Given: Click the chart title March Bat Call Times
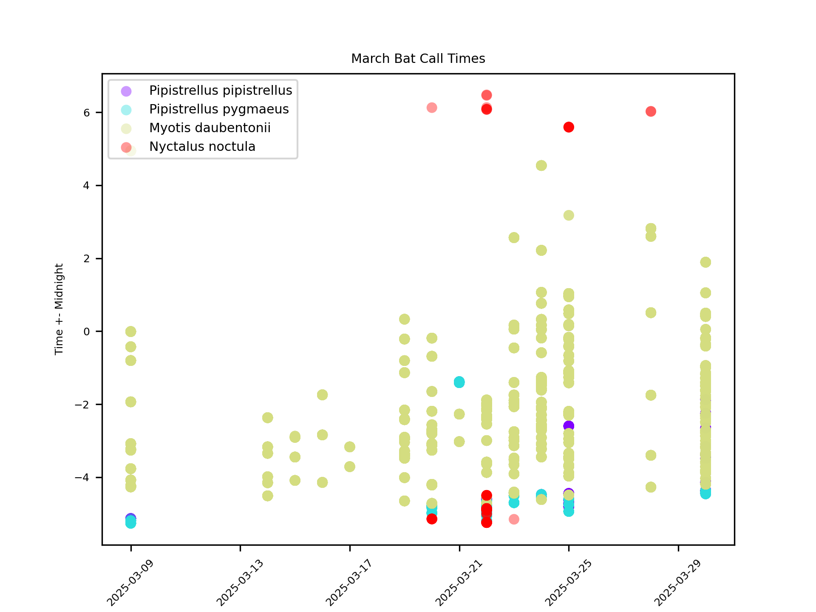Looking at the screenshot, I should tap(418, 59).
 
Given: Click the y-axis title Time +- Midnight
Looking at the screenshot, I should tap(59, 309).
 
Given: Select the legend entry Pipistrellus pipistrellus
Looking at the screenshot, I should tap(220, 91).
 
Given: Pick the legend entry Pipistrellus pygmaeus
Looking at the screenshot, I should tap(218, 109).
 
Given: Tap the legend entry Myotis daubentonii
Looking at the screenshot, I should tap(210, 128).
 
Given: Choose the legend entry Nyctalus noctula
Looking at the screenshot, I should tap(202, 147).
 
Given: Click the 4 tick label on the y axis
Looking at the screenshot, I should tap(87, 186).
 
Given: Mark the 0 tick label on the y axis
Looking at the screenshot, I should tap(87, 331).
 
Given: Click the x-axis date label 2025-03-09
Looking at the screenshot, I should tap(130, 583).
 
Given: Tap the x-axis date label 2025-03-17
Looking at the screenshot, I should tap(348, 583).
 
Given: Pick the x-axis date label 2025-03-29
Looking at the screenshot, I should tap(677, 583).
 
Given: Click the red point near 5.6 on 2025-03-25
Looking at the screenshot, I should tap(569, 127).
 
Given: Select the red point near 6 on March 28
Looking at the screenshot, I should tap(651, 111).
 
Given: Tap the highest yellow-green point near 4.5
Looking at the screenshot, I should tap(541, 165).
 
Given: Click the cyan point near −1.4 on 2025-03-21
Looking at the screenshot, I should tap(459, 382).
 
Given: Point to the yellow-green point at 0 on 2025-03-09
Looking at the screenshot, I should tap(131, 331).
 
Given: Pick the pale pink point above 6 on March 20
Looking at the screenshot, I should tap(432, 108).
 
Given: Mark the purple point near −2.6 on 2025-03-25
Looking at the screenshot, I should tap(569, 425).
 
